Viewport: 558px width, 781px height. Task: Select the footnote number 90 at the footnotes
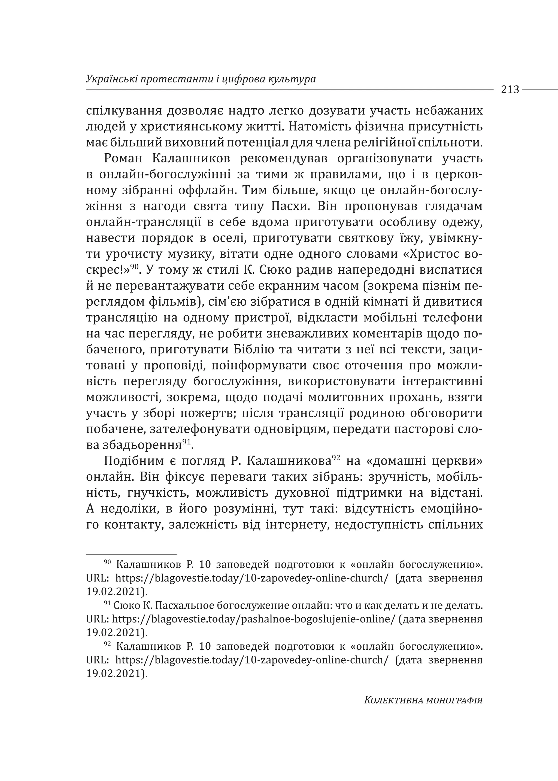[107, 562]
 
